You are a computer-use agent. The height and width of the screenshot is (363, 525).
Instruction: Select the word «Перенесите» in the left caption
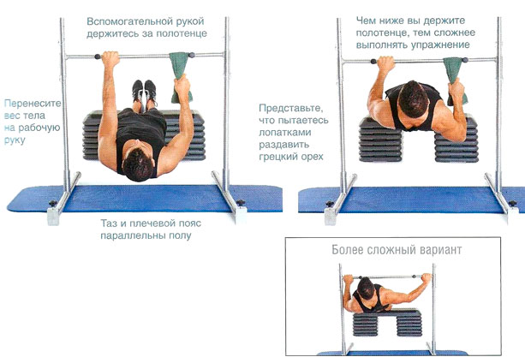tap(33, 103)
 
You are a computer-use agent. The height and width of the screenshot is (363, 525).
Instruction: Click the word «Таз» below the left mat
tap(110, 223)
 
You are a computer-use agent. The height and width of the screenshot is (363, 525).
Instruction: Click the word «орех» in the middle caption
tap(310, 157)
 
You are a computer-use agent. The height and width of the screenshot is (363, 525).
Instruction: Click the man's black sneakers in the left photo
tap(144, 91)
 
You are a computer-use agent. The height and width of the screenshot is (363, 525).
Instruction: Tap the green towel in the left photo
tap(182, 77)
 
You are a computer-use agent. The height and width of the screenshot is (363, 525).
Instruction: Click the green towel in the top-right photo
tap(455, 80)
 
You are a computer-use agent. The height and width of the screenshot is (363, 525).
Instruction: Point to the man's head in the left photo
tap(138, 164)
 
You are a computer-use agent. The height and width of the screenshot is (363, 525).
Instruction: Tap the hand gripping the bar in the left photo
tap(110, 58)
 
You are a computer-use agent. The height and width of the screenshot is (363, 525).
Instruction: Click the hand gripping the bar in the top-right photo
tap(385, 63)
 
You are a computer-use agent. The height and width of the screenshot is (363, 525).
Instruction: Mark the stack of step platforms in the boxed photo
tap(387, 323)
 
